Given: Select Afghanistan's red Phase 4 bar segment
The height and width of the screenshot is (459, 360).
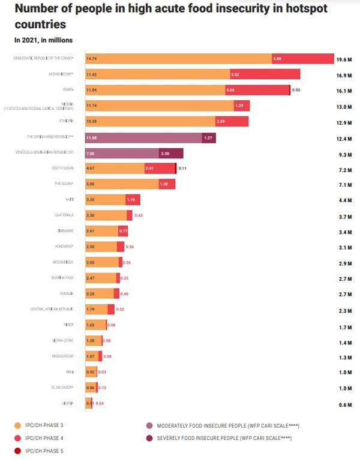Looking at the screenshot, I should pyautogui.click(x=265, y=74).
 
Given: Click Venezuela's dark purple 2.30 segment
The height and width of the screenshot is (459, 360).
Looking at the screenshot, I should pyautogui.click(x=171, y=154).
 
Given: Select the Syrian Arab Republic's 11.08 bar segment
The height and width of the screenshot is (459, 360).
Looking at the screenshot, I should pyautogui.click(x=144, y=137).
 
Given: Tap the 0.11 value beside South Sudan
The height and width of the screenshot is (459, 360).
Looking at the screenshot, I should pyautogui.click(x=182, y=169).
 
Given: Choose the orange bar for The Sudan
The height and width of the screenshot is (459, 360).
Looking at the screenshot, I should pyautogui.click(x=114, y=184).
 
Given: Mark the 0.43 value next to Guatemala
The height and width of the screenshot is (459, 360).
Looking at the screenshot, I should pyautogui.click(x=139, y=215).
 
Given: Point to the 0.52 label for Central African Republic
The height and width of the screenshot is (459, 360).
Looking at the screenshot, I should pyautogui.click(x=120, y=309).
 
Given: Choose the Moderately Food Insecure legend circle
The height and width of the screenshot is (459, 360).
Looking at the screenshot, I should pyautogui.click(x=149, y=425).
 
